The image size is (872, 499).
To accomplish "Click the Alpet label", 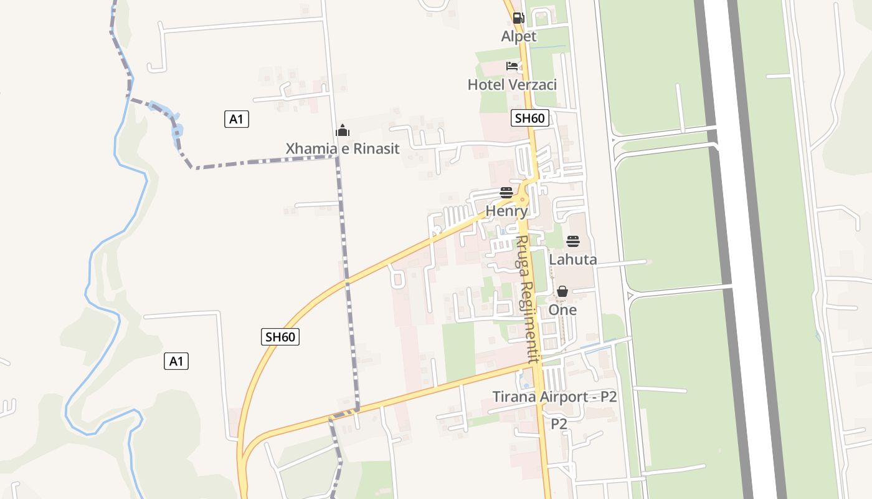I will click(x=518, y=37).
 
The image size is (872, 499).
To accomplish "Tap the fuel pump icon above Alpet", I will click(x=518, y=18).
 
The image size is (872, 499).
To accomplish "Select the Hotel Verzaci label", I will click(x=512, y=85).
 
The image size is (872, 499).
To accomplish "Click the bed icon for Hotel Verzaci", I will click(x=512, y=66).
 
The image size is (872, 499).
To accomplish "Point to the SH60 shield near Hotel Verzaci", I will click(x=529, y=118).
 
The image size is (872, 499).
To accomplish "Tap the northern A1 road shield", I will click(x=236, y=119).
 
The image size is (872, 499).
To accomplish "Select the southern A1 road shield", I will click(x=176, y=361).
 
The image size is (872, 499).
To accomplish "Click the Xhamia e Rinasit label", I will click(x=342, y=149).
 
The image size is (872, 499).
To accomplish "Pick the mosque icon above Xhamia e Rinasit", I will click(x=342, y=130).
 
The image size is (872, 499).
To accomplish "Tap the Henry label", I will click(x=506, y=211).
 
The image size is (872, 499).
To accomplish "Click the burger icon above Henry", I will click(x=506, y=193).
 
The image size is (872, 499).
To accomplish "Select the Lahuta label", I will click(x=572, y=259).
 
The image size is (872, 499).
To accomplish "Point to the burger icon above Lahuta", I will click(x=572, y=241).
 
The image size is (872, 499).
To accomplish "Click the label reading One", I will click(x=562, y=310).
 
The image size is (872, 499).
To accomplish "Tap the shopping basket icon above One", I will click(x=562, y=291).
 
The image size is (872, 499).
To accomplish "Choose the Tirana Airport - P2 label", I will click(x=554, y=397).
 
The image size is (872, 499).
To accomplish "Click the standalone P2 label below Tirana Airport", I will click(x=559, y=424).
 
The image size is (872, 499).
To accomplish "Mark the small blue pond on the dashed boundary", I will click(x=178, y=131).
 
